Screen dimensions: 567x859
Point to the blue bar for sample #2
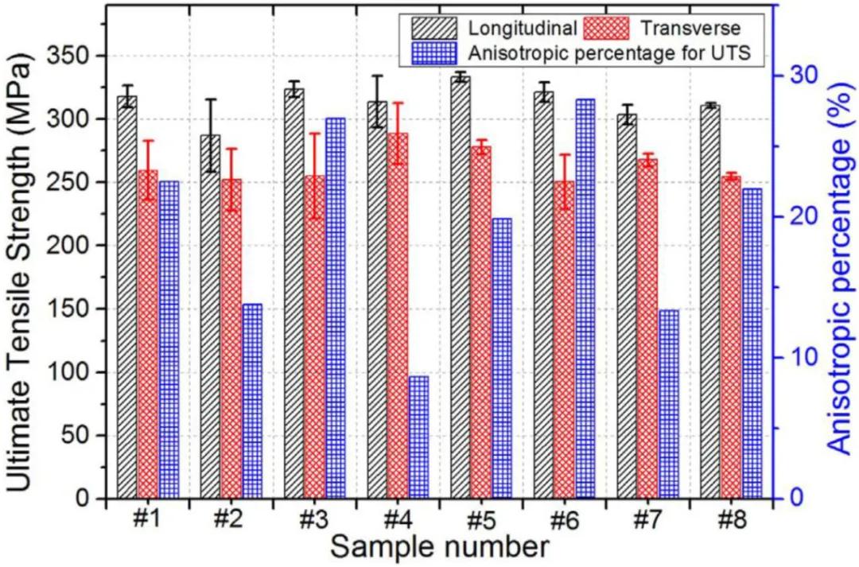(x=252, y=401)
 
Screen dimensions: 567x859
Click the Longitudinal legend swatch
(x=433, y=29)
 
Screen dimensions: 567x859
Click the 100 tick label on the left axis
(x=70, y=372)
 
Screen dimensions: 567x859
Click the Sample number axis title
(x=439, y=548)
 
